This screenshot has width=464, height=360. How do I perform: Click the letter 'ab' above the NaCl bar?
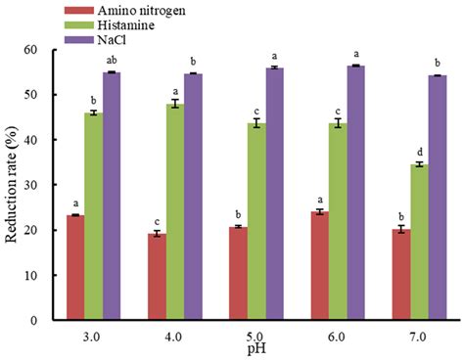(112, 62)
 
